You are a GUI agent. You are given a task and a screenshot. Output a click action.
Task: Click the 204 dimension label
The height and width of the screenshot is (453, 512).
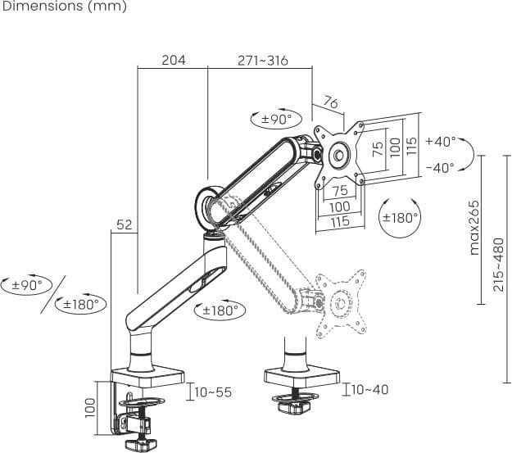tap(174, 60)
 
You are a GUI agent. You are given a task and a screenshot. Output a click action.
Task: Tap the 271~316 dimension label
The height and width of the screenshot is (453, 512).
tap(263, 61)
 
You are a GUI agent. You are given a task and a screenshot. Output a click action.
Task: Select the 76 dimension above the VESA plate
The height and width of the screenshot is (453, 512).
tap(330, 102)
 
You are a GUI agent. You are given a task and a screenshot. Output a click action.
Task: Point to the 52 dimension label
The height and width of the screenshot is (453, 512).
tap(124, 224)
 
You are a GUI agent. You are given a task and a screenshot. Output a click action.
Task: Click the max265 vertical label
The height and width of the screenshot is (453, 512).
tap(474, 228)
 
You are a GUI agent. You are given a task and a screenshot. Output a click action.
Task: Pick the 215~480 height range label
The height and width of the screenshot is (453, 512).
tap(499, 265)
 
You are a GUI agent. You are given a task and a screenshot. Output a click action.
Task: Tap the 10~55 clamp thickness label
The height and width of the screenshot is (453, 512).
tap(213, 392)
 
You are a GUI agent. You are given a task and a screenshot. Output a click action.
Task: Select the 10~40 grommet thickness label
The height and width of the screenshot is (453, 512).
tap(370, 389)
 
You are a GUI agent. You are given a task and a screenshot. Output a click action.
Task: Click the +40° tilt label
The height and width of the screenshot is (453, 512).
tap(441, 142)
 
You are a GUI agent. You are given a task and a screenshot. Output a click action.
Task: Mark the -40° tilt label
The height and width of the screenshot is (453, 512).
tap(440, 168)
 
